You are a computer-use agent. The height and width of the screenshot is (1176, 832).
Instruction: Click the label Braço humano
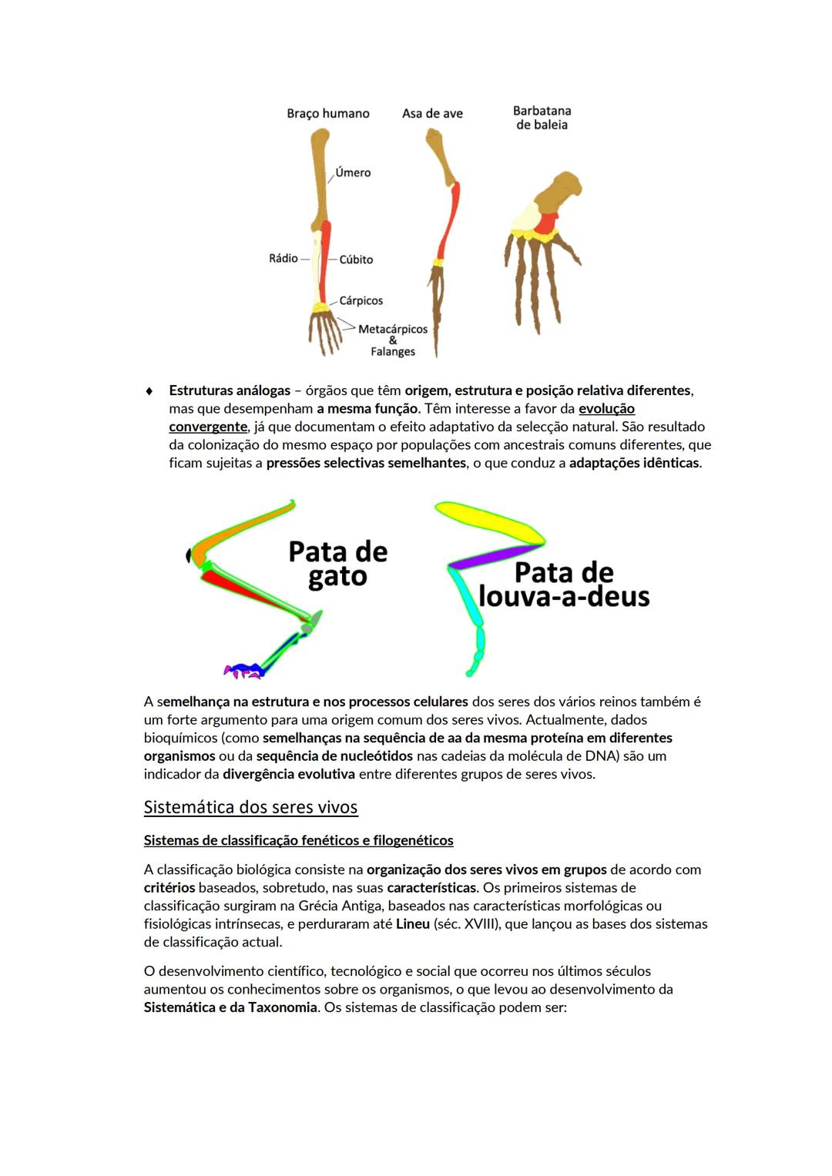pos(328,113)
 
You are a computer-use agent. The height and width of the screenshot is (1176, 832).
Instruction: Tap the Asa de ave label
pos(432,113)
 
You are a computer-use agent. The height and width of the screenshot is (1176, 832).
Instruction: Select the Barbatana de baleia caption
pos(542,118)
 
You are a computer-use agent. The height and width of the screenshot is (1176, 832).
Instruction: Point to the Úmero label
pos(353,173)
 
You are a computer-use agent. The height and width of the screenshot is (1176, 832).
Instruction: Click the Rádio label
pos(283,258)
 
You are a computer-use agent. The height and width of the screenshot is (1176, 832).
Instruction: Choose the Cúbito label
pos(356,260)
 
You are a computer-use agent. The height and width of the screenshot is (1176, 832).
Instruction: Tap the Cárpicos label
pos(361,300)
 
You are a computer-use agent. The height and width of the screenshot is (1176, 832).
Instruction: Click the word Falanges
pos(393,351)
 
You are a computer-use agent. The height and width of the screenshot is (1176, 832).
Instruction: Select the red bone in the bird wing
pos(449,219)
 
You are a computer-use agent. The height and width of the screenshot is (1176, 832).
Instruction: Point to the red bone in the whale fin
pos(548,223)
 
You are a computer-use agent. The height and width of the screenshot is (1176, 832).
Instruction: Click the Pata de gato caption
pos(337,564)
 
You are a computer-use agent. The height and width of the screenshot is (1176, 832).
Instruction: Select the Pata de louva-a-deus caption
pos(564,585)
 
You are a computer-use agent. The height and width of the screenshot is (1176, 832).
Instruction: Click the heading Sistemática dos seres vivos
pos(250,807)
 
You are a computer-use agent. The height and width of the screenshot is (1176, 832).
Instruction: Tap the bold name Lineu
pos(413,923)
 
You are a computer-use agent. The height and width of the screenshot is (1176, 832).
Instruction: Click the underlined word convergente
pos(208,427)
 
